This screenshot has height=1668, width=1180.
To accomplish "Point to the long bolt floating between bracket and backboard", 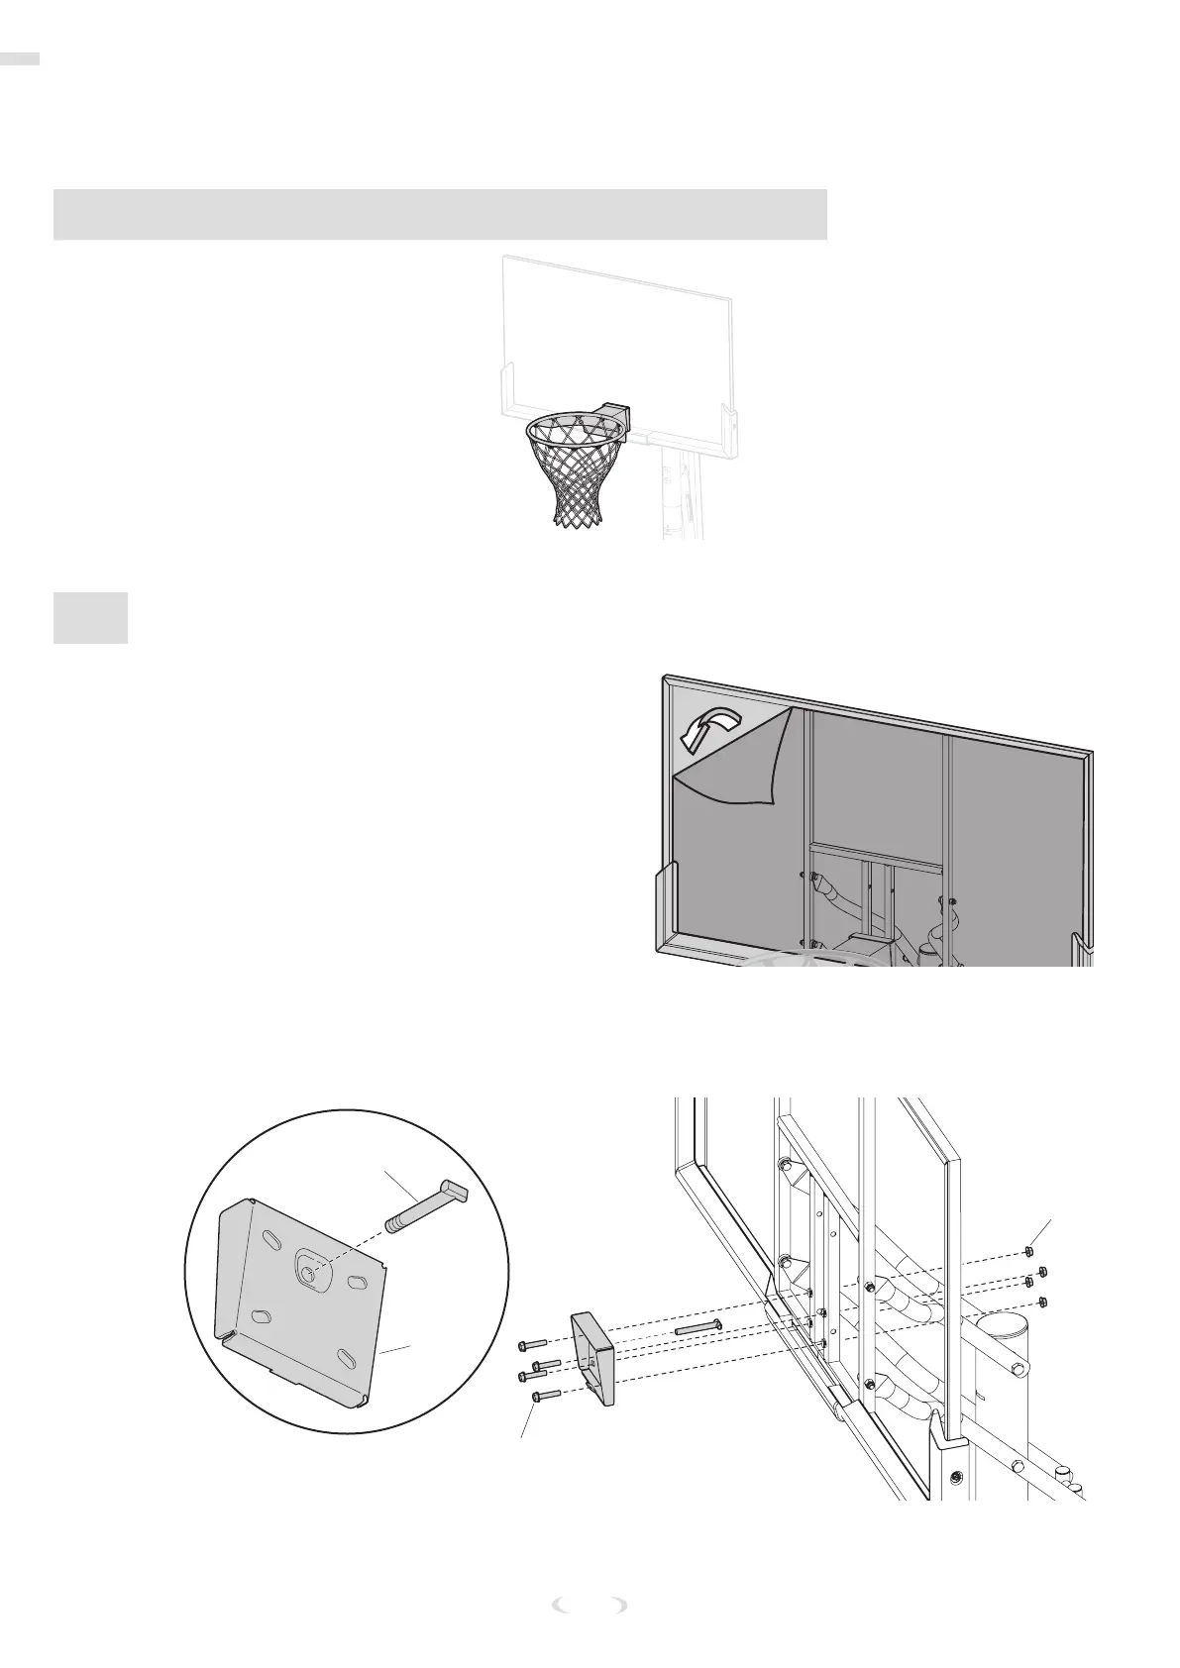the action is [x=698, y=1327].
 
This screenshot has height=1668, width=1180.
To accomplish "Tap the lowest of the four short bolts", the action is [x=546, y=1396].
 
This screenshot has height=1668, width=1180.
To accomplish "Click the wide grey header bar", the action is [x=440, y=214].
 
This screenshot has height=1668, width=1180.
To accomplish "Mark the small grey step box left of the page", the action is [x=90, y=617].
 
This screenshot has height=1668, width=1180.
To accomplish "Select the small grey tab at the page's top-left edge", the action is [x=20, y=59].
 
